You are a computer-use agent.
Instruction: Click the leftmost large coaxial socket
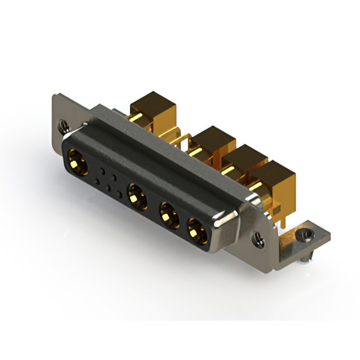pos(77,161)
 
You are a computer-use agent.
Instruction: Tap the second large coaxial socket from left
pos(137,196)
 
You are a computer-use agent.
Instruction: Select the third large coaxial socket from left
pos(168,214)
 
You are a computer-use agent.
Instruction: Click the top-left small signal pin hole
pos(102,169)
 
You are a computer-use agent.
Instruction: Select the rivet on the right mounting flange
pos(259,241)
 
